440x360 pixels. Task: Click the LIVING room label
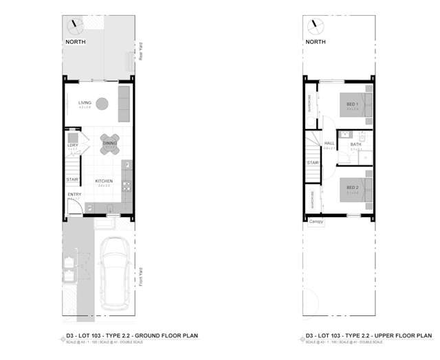click(x=85, y=103)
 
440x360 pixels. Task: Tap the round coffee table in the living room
click(x=102, y=104)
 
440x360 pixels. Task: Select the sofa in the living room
click(x=124, y=102)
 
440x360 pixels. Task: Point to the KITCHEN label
click(x=104, y=181)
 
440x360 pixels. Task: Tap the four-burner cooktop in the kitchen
click(x=126, y=185)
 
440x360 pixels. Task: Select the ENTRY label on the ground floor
click(x=74, y=194)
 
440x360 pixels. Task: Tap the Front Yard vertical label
click(x=140, y=278)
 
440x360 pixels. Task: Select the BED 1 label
click(x=353, y=104)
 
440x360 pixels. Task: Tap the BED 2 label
click(x=353, y=188)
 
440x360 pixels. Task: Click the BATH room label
click(x=355, y=144)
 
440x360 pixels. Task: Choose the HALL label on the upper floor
click(x=329, y=144)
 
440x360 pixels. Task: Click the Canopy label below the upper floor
click(x=316, y=221)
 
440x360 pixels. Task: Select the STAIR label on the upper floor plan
click(x=313, y=163)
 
